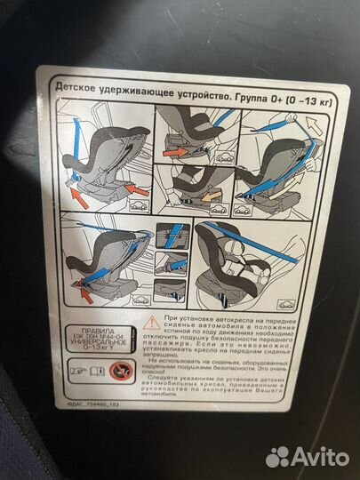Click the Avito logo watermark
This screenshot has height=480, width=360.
coord(308,456)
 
